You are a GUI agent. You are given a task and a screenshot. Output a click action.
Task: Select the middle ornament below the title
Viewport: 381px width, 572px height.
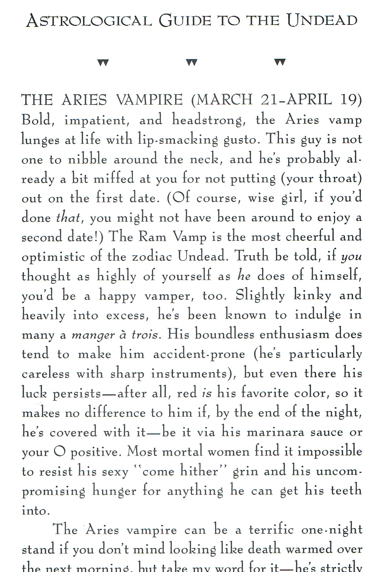(x=192, y=63)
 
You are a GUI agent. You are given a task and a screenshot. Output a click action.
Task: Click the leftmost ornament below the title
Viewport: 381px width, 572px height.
(x=103, y=63)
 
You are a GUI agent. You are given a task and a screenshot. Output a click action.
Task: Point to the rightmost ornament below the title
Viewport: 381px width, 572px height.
(x=280, y=63)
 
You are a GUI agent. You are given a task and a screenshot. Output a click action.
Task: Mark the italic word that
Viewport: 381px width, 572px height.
(x=68, y=218)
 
